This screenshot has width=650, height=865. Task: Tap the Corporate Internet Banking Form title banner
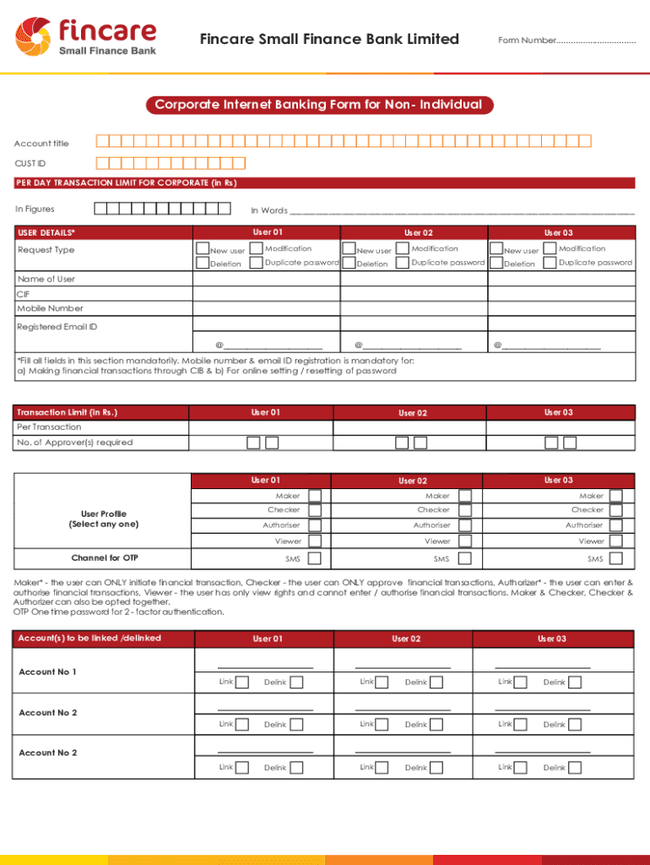tap(317, 105)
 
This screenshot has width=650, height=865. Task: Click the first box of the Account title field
tap(102, 141)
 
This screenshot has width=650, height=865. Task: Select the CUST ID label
tap(30, 163)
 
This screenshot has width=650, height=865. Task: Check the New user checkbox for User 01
tap(202, 248)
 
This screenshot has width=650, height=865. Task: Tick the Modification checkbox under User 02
tap(404, 248)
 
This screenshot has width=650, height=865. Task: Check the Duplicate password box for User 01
tap(257, 262)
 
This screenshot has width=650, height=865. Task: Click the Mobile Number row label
tap(50, 308)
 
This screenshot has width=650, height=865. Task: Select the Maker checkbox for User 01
tap(314, 496)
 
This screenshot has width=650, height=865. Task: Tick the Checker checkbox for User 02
tap(464, 510)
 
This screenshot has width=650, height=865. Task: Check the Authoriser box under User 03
tap(615, 525)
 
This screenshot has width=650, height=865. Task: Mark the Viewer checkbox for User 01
tap(314, 541)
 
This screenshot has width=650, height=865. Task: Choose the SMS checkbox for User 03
tap(615, 558)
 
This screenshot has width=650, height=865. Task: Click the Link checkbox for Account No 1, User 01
tap(242, 682)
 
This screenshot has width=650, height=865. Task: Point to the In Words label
tap(268, 210)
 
